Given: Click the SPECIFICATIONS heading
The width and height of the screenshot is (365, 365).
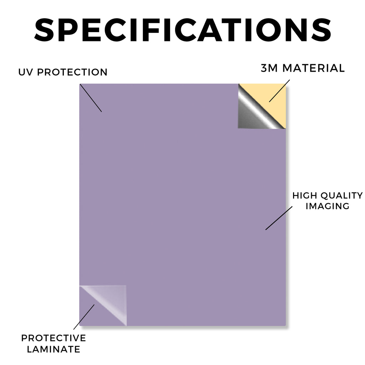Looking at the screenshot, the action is point(183,30).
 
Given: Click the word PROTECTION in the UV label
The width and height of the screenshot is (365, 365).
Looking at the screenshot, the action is point(72,72).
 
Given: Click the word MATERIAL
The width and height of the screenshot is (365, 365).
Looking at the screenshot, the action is point(313,68).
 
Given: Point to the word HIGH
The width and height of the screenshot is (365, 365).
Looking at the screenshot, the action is point(304,196).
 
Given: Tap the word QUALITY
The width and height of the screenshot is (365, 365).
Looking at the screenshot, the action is point(341,196).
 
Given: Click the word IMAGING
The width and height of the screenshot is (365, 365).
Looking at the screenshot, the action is point(328,206).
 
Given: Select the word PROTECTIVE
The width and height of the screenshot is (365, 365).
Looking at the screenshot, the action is point(53,338).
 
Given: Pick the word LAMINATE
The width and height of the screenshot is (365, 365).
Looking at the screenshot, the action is point(53,349).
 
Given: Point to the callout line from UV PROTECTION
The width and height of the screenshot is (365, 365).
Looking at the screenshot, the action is point(91,98).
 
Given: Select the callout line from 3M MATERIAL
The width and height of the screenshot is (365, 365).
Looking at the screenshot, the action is point(279,91).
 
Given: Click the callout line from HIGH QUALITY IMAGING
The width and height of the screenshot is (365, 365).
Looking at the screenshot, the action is point(279,218).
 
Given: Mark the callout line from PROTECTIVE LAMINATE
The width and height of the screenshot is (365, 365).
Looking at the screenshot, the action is point(84,317).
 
